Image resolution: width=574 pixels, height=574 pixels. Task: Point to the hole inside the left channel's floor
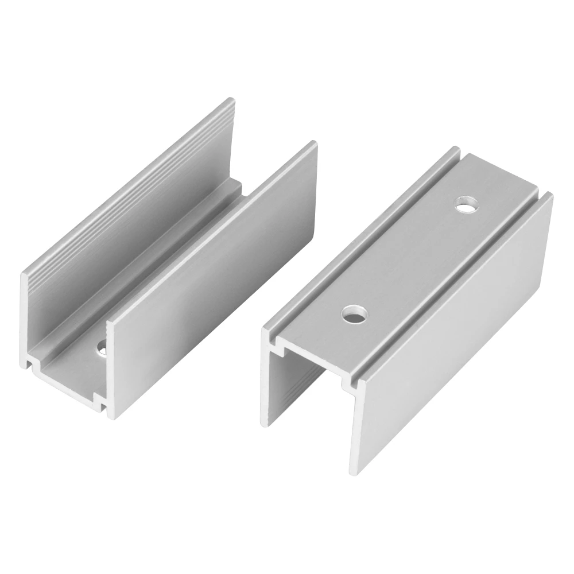pyautogui.click(x=103, y=348)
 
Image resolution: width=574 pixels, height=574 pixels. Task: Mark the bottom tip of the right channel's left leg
pyautogui.click(x=265, y=422)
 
